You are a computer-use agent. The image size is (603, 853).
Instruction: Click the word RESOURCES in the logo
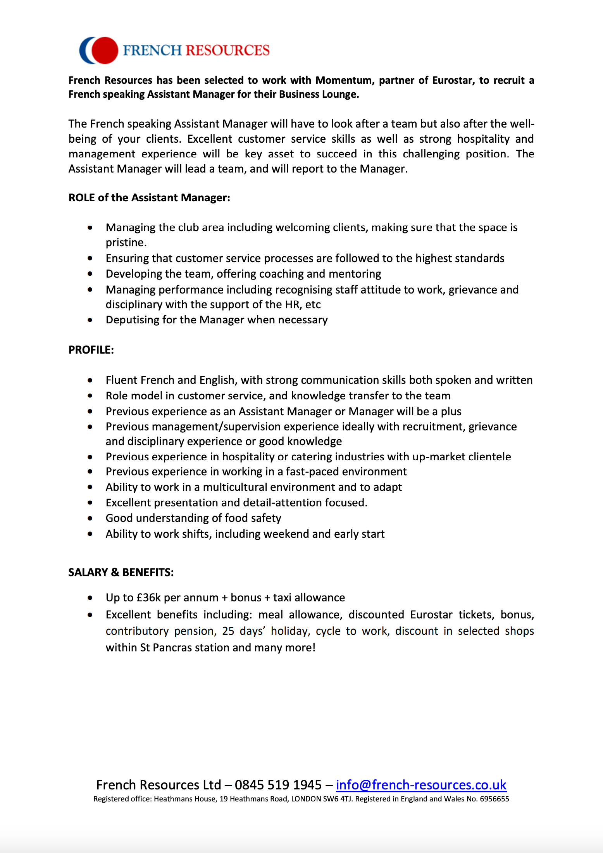227,50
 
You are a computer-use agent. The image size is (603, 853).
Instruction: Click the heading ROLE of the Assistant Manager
149,198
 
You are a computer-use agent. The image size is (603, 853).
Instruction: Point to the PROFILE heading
91,350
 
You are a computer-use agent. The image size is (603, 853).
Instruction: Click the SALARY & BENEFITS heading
121,572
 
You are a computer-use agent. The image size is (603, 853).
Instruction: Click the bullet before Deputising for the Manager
90,320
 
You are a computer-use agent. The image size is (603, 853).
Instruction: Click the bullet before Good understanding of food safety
90,518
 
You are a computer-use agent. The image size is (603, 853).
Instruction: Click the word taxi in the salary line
282,597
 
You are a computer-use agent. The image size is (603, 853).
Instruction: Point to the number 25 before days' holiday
228,631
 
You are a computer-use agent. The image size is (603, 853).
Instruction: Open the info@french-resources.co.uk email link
421,785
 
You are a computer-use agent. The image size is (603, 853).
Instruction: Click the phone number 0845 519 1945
278,785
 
